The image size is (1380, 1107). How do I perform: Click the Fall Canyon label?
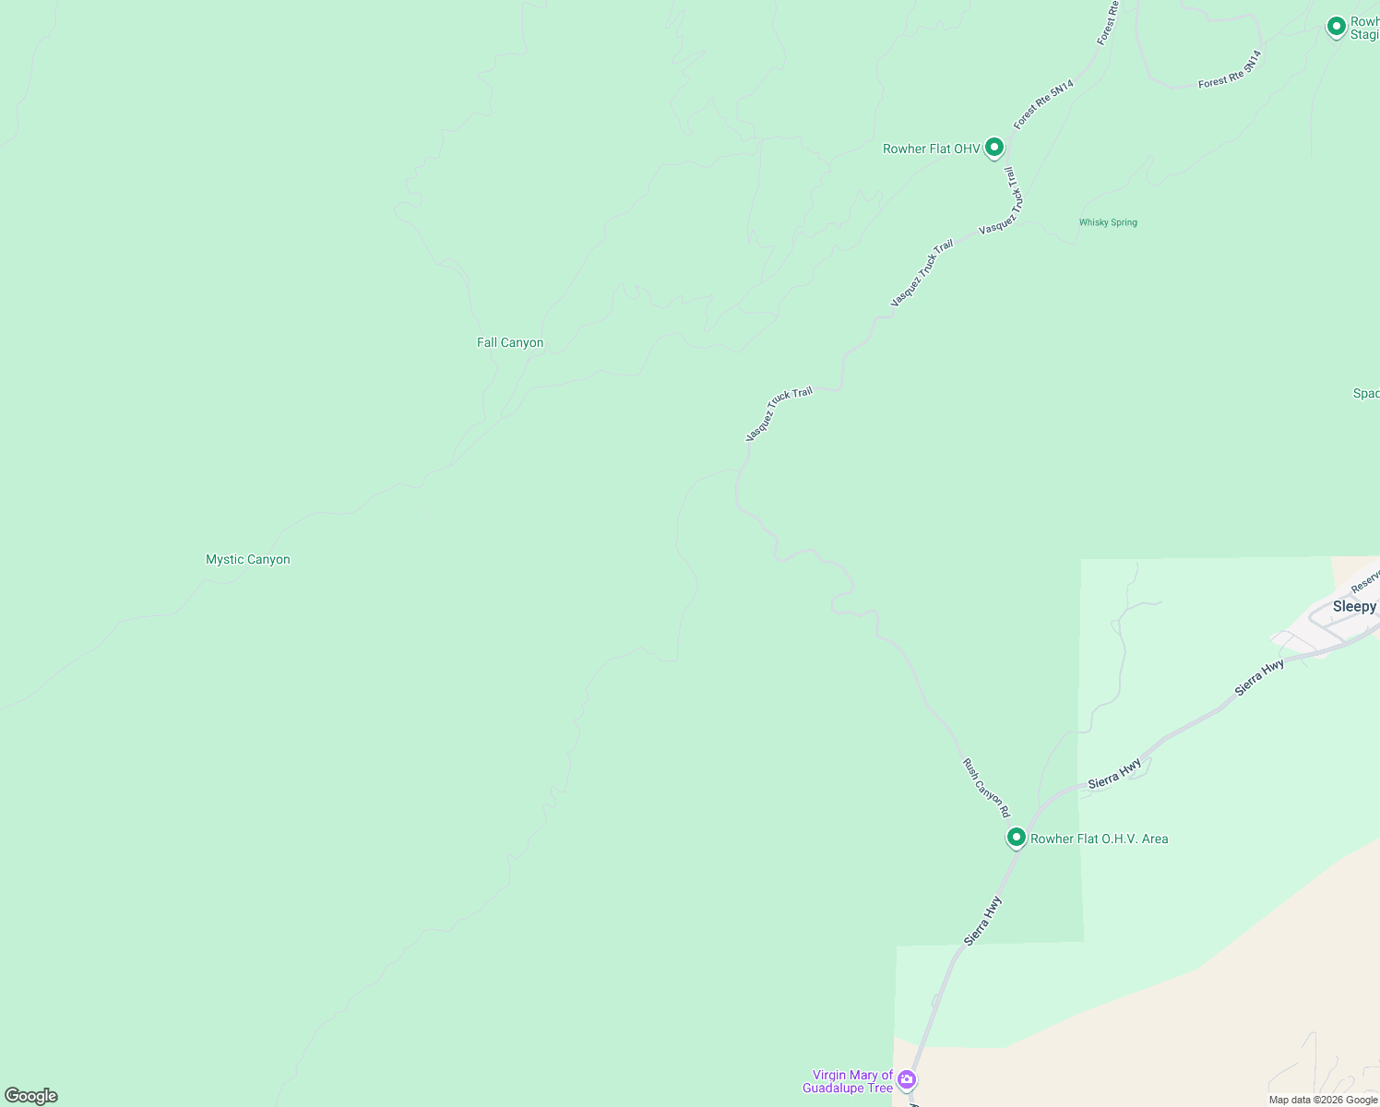509,343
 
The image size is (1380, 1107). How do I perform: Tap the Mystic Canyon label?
247,560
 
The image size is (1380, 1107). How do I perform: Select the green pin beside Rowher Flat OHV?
993,147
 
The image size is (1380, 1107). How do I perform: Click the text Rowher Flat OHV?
931,149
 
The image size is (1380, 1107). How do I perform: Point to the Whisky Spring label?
1108,222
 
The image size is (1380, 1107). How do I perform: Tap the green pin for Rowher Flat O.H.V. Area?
1016,837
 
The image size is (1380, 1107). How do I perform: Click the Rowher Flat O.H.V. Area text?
1099,839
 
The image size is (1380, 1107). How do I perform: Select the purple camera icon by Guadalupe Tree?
907,1078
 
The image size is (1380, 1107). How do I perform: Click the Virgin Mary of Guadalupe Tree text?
852,1081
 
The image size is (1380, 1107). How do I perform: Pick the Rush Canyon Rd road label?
986,788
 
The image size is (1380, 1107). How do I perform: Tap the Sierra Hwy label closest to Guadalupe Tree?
982,921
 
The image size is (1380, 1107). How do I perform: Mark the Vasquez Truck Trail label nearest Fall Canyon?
779,413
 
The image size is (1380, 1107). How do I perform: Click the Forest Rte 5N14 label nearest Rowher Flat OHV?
1043,104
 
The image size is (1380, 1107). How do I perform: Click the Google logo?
30,1096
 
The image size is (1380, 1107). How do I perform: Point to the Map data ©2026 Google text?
1323,1100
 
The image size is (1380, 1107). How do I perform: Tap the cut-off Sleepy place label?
1354,607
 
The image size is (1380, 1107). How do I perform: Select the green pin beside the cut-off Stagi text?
1336,27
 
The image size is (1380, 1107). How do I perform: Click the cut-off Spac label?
1365,394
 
